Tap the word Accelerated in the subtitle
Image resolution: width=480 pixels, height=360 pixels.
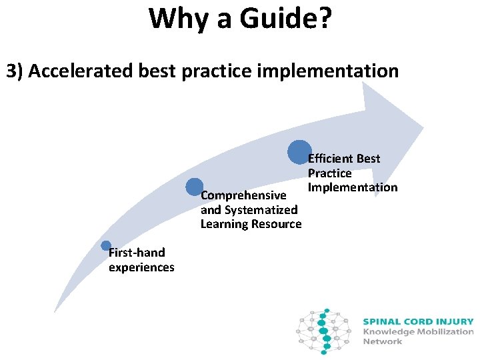click(79, 71)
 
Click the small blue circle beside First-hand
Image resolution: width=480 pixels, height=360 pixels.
click(106, 246)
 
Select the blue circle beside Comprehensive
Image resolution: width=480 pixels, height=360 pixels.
click(195, 187)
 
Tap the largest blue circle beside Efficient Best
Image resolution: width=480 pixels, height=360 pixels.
click(299, 152)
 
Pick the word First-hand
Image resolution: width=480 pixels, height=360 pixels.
click(137, 253)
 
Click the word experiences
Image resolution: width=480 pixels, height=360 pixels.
click(141, 267)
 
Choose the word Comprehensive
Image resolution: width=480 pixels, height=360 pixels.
click(243, 196)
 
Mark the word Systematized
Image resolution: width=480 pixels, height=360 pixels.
click(261, 210)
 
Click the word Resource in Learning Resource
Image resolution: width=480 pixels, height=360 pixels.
click(276, 224)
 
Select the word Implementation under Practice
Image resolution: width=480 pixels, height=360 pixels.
click(352, 187)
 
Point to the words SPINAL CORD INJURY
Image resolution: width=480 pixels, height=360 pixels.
click(418, 321)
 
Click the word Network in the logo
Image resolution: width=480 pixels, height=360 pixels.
click(383, 341)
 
